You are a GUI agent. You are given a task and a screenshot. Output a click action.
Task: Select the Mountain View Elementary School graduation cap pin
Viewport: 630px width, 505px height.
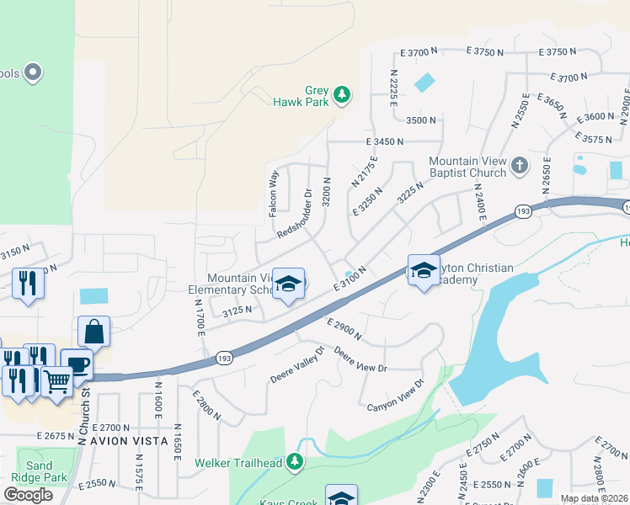pos(288,285)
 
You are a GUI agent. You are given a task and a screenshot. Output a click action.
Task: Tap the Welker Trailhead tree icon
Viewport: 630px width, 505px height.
pos(295,462)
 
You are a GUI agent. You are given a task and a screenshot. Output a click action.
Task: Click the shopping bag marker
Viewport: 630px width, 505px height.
pos(93,332)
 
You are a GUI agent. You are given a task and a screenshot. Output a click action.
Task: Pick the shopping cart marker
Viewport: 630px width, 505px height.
pos(56,380)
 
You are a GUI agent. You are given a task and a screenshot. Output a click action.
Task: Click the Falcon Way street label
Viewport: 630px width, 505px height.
pos(273,194)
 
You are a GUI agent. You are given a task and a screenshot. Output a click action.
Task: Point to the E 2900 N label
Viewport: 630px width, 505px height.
pos(343,329)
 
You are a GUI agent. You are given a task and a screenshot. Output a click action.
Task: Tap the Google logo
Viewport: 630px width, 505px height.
pos(28,495)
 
